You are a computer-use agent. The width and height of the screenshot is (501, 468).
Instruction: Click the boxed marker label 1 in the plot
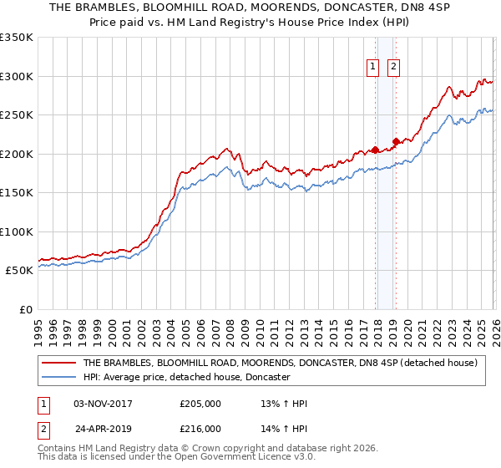point(372,69)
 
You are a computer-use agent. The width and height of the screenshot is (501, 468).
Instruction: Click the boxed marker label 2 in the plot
point(393,69)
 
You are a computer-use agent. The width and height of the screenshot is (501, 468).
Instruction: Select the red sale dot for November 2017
point(375,150)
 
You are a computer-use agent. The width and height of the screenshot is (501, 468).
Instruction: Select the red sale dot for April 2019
point(396,141)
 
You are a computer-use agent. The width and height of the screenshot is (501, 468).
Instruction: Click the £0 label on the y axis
point(27,309)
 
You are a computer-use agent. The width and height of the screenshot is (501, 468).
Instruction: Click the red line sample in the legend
point(58,364)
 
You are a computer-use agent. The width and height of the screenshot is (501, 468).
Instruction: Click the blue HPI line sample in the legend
point(58,378)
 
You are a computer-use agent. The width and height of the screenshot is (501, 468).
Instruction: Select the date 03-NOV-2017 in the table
point(104,404)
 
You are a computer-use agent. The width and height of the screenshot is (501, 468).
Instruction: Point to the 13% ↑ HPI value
point(285,404)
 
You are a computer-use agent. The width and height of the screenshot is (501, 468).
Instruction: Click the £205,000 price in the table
point(200,404)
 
